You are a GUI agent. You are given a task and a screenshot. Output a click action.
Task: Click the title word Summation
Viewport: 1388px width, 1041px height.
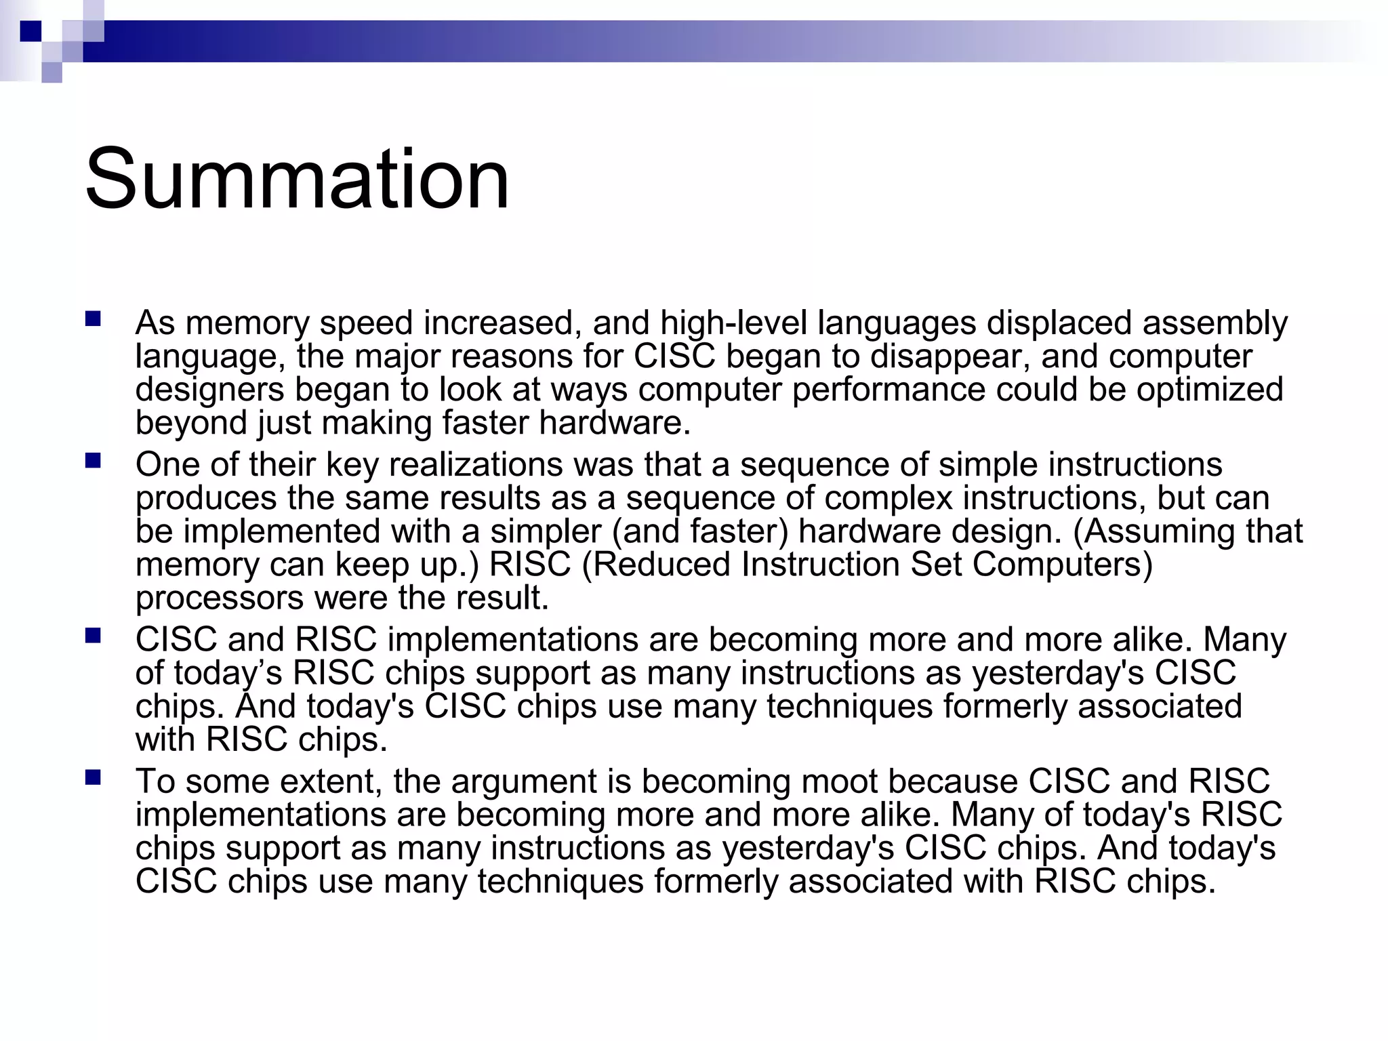coord(297,179)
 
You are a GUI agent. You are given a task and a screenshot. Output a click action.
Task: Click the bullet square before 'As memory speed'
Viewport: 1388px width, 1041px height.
coord(93,319)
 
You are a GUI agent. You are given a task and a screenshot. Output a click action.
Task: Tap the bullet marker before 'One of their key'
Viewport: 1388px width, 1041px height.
coord(93,461)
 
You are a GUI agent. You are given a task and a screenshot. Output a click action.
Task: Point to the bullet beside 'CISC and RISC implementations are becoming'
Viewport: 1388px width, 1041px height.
coord(93,636)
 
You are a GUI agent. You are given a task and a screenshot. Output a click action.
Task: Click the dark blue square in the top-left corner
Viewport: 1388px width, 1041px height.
coord(31,31)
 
